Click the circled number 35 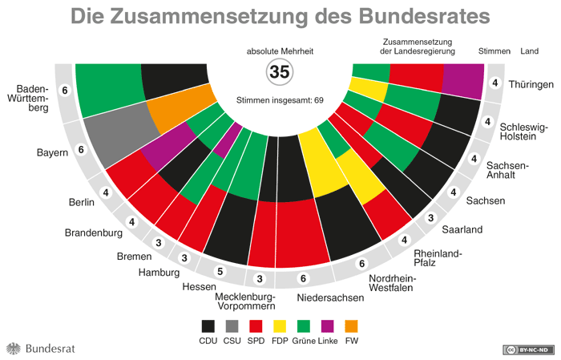click(x=279, y=72)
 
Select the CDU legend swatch click(x=208, y=326)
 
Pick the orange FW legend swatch click(x=351, y=326)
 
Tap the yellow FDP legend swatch click(x=280, y=326)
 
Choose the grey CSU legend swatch click(x=232, y=326)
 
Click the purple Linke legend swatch click(x=327, y=326)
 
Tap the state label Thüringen click(x=531, y=84)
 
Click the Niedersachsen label click(x=329, y=297)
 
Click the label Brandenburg click(x=93, y=233)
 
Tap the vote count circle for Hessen click(x=217, y=271)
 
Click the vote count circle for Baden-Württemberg click(x=65, y=90)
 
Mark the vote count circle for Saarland click(x=430, y=218)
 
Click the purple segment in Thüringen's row click(x=463, y=79)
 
